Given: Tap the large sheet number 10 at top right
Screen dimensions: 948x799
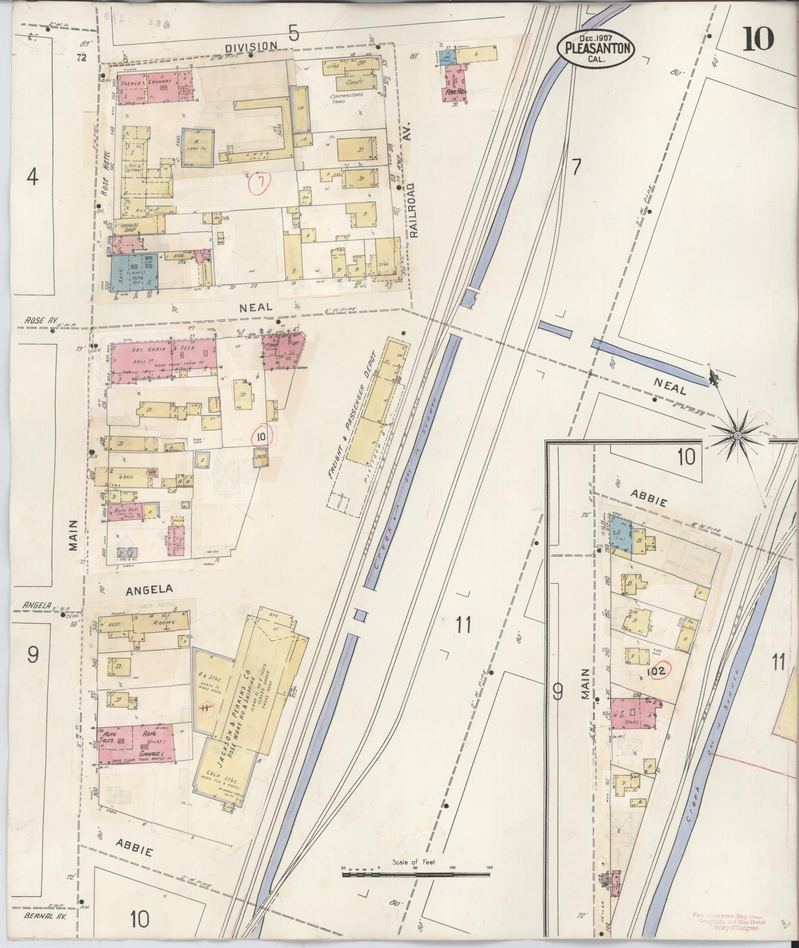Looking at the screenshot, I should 757,39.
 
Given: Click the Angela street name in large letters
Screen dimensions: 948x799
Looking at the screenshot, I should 149,589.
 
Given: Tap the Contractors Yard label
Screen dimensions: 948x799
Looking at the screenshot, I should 347,98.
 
